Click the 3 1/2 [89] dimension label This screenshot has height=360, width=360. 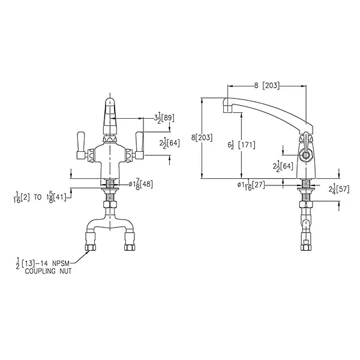tap(164, 118)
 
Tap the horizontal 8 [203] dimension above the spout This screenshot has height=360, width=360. tap(267, 86)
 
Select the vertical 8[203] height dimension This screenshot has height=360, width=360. tap(202, 138)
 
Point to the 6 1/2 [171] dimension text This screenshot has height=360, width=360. tap(241, 145)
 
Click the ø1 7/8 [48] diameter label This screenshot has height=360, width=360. tap(140, 184)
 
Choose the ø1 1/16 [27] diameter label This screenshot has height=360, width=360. tap(251, 185)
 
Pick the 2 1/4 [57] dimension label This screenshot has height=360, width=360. tap(339, 189)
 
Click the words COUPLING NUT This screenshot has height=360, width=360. tap(48, 271)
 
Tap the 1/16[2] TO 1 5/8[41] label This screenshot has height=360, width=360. tap(40, 197)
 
